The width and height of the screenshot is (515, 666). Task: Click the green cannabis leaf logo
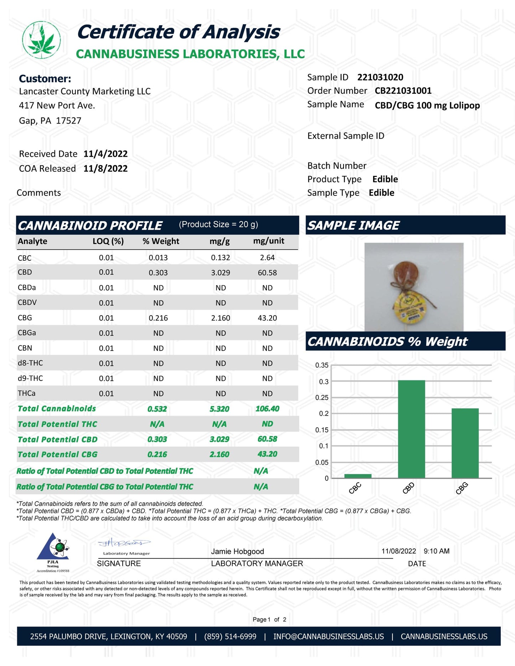click(x=41, y=40)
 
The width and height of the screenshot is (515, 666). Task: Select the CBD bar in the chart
click(x=411, y=429)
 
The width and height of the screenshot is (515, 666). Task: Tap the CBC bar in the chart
click(x=358, y=476)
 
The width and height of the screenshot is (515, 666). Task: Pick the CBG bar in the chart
click(x=465, y=443)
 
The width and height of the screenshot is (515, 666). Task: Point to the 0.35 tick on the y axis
click(x=322, y=365)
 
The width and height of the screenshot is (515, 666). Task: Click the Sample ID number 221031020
click(x=380, y=77)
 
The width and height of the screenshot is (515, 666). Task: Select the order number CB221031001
click(x=403, y=91)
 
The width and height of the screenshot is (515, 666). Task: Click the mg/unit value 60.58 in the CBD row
click(x=267, y=273)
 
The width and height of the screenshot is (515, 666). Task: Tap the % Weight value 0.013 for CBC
click(x=158, y=258)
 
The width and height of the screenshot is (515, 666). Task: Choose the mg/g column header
click(x=220, y=241)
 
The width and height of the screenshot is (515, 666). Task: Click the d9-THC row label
click(x=30, y=378)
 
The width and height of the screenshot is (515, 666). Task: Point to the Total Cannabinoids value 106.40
click(x=267, y=409)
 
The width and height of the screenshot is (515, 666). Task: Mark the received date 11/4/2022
click(x=105, y=154)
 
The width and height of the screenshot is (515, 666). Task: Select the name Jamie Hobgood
click(x=237, y=551)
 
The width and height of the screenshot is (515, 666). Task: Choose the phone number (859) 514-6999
click(x=230, y=636)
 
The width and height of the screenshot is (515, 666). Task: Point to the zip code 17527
click(x=68, y=121)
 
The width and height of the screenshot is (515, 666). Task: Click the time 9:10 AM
click(x=436, y=551)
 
